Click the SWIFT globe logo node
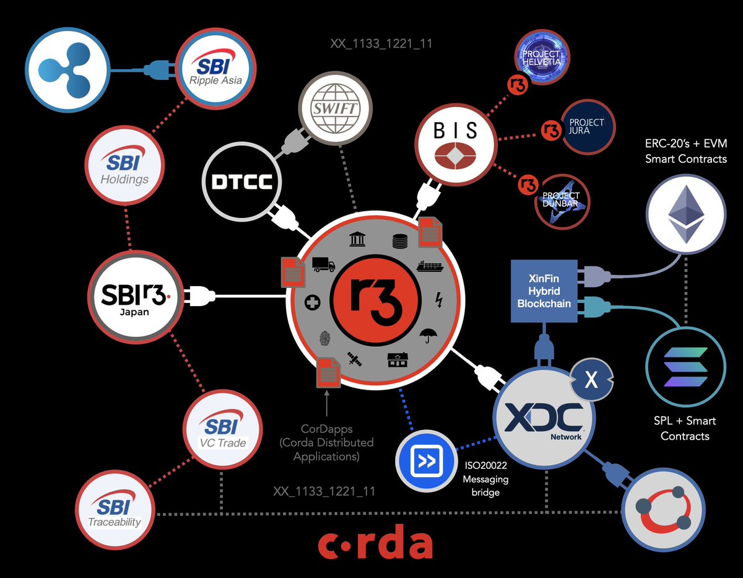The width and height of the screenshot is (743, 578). (x=336, y=112)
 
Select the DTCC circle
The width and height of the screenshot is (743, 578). (x=242, y=182)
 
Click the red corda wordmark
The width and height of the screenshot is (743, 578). (x=375, y=543)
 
